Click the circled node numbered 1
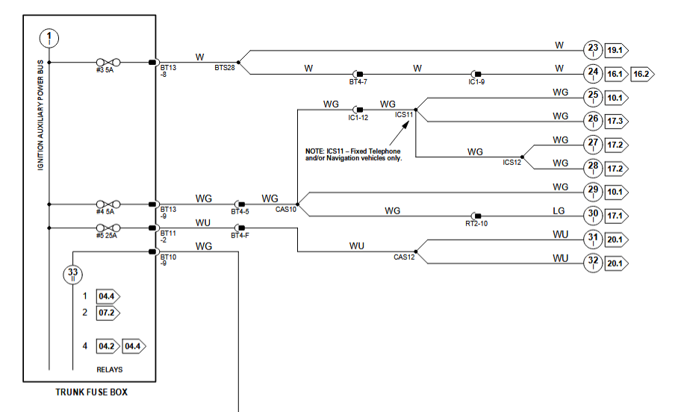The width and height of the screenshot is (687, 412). (50, 37)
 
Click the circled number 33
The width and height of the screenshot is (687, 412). (72, 274)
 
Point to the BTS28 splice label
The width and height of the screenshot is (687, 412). (224, 68)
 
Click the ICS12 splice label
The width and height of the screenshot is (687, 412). (512, 162)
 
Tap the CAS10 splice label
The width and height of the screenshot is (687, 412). (286, 210)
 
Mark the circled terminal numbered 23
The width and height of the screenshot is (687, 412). (593, 49)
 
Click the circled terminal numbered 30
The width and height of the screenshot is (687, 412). (593, 215)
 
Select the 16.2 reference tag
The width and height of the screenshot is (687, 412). (641, 74)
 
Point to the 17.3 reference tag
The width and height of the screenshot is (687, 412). (617, 119)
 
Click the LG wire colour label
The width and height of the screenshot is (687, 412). (559, 211)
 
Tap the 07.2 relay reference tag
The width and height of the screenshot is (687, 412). (108, 312)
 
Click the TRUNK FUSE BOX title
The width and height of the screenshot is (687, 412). (90, 392)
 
